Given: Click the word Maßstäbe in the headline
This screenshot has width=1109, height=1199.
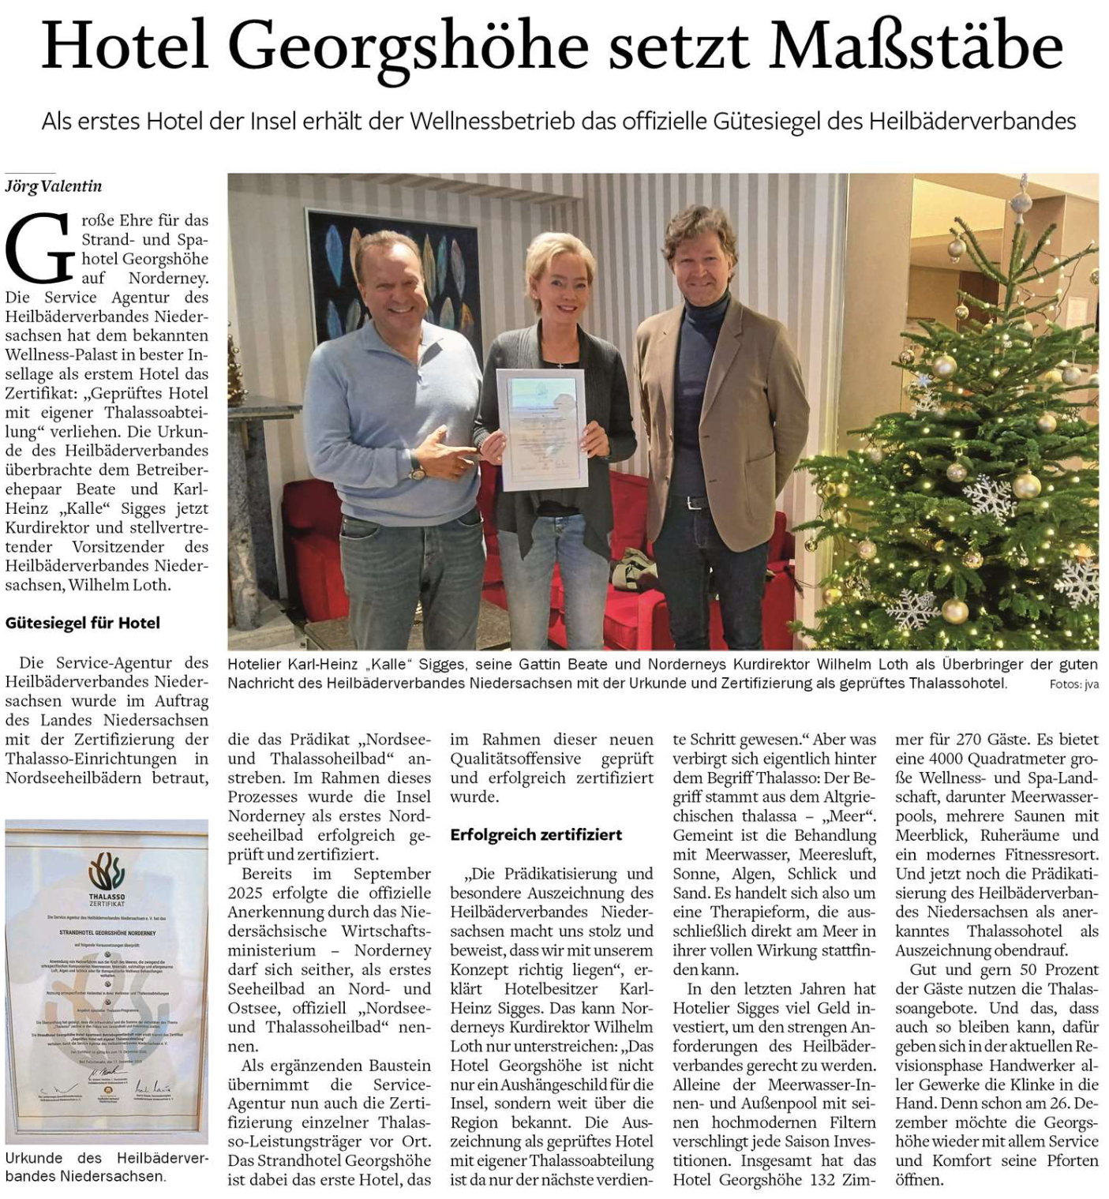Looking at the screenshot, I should tap(916, 46).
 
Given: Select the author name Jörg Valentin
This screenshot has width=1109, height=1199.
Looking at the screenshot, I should tap(54, 186).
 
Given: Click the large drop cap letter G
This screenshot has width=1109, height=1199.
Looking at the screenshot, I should tap(39, 249).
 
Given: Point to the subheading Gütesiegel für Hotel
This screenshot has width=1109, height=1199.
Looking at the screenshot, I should tap(82, 623).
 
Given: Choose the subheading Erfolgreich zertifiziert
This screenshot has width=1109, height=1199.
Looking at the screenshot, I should tap(536, 834).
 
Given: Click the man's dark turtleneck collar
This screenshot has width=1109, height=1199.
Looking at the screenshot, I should tap(705, 306).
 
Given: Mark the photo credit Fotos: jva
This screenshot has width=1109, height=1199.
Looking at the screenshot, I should tap(1073, 684).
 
